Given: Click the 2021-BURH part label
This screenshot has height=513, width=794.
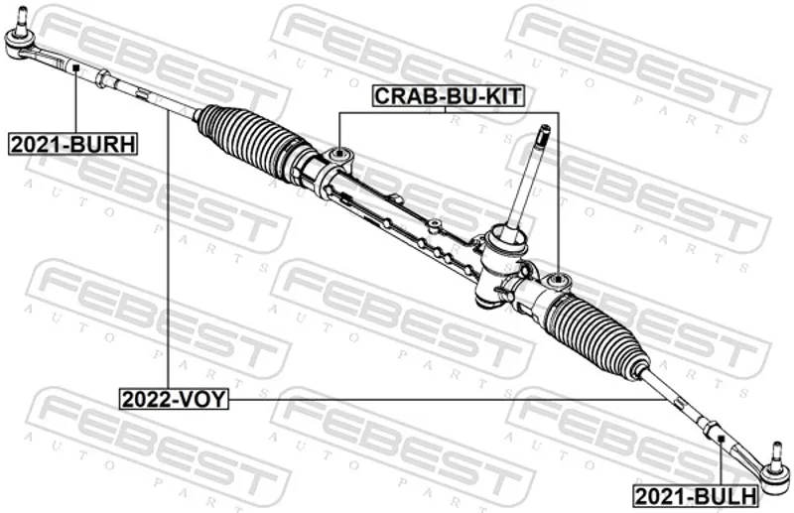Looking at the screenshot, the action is [x=73, y=145].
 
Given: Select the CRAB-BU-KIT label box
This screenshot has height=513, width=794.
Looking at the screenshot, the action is [x=448, y=95].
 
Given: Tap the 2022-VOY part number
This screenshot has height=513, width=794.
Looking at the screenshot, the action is [x=174, y=399].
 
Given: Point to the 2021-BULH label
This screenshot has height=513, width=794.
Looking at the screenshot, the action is [x=696, y=496].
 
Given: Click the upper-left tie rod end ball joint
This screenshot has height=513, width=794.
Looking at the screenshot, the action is [x=19, y=43].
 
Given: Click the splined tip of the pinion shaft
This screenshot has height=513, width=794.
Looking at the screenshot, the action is [x=544, y=133].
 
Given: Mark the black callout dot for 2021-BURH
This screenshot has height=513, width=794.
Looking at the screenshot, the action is [x=75, y=66].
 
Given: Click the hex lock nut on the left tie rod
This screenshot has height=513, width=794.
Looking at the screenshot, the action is [x=103, y=78].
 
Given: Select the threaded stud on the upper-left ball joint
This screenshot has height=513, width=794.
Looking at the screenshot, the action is [x=21, y=19].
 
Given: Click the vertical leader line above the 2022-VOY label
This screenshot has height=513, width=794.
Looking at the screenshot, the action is [x=167, y=250].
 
